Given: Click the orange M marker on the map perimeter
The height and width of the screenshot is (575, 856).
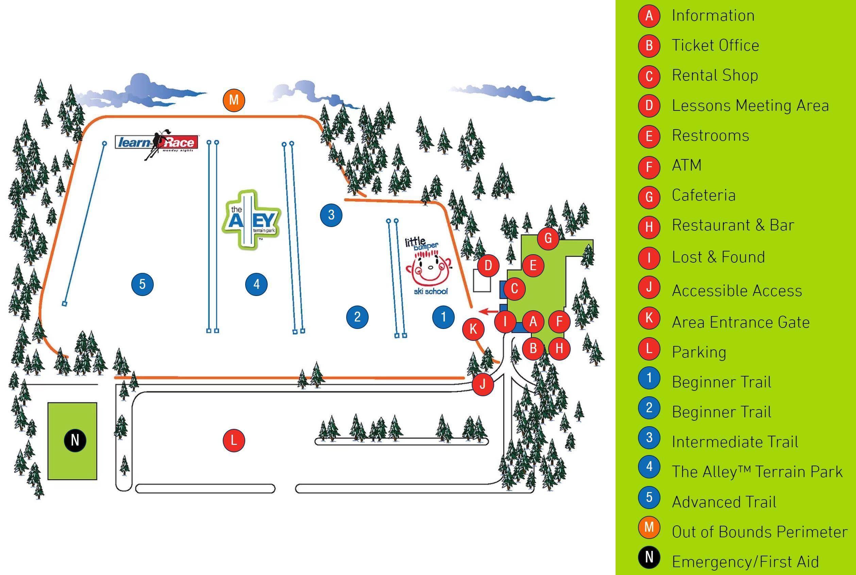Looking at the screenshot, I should pyautogui.click(x=234, y=100).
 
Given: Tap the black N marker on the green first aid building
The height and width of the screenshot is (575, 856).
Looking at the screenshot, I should pyautogui.click(x=75, y=440).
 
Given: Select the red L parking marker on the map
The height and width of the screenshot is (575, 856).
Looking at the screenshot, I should pyautogui.click(x=234, y=440).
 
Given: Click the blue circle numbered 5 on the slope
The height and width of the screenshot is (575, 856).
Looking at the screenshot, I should pyautogui.click(x=142, y=284).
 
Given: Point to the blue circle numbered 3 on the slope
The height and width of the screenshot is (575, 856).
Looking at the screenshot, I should pyautogui.click(x=331, y=214).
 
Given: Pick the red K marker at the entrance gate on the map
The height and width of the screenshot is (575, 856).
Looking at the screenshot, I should pyautogui.click(x=473, y=329).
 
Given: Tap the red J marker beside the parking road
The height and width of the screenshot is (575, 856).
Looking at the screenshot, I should pyautogui.click(x=483, y=384).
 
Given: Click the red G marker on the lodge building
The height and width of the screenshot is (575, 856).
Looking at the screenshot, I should pyautogui.click(x=548, y=238).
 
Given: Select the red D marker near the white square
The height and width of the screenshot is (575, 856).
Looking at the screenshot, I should pyautogui.click(x=488, y=265).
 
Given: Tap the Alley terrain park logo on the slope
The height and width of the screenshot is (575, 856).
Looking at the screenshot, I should pyautogui.click(x=251, y=220).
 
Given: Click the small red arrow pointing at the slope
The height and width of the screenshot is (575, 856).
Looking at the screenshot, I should pyautogui.click(x=488, y=312).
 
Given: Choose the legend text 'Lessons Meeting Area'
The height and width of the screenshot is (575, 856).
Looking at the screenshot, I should pyautogui.click(x=750, y=106).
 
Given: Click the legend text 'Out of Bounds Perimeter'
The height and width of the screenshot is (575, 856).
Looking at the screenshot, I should pyautogui.click(x=759, y=532).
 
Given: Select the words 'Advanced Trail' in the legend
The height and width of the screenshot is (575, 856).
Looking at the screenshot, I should pyautogui.click(x=724, y=502).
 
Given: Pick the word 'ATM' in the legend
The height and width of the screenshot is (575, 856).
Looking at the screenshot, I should pyautogui.click(x=687, y=165).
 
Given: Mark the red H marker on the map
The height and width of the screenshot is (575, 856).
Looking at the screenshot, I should pyautogui.click(x=559, y=348).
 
